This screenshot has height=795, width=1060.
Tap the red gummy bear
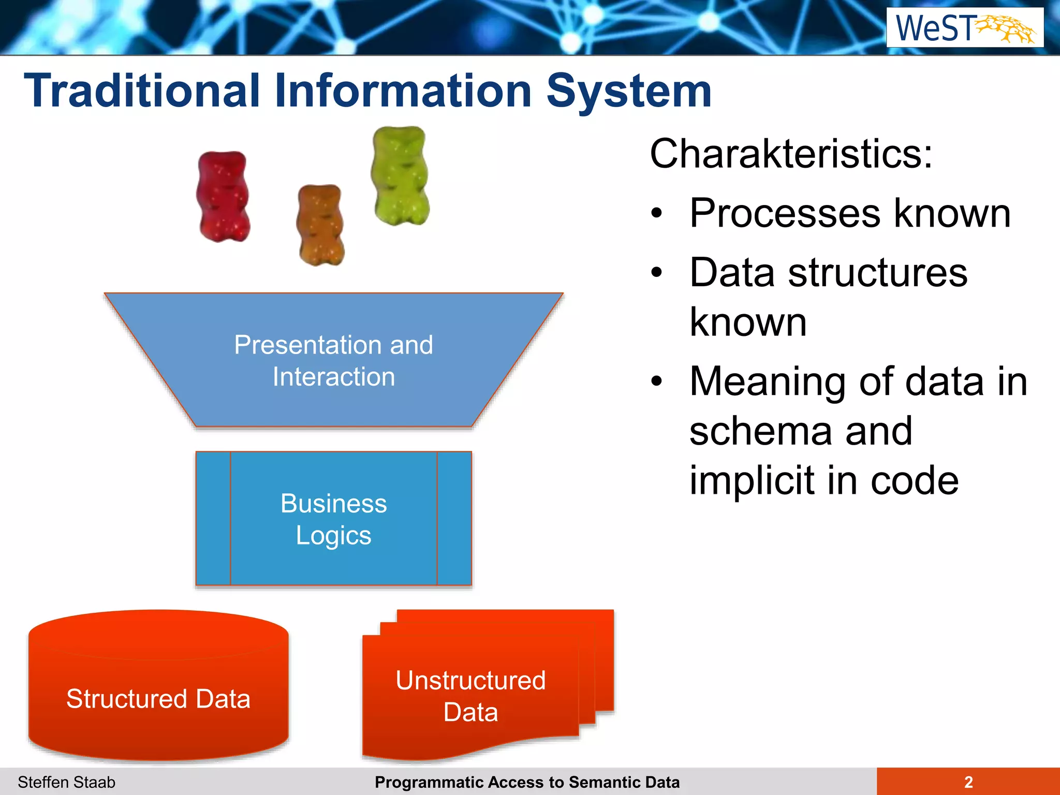click(224, 197)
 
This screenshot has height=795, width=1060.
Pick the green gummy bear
click(400, 176)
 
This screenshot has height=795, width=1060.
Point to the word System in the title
click(629, 91)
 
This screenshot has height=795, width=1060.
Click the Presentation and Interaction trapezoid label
click(334, 360)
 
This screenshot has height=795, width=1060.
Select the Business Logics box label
click(334, 519)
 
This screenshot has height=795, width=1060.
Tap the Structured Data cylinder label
click(158, 698)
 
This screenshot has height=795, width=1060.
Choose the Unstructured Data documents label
click(470, 696)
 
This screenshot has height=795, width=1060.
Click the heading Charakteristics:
click(791, 154)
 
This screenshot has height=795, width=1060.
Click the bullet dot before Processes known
click(657, 213)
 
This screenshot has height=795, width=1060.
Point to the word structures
click(877, 273)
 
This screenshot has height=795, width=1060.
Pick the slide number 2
click(968, 782)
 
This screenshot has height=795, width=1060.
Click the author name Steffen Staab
click(67, 782)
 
